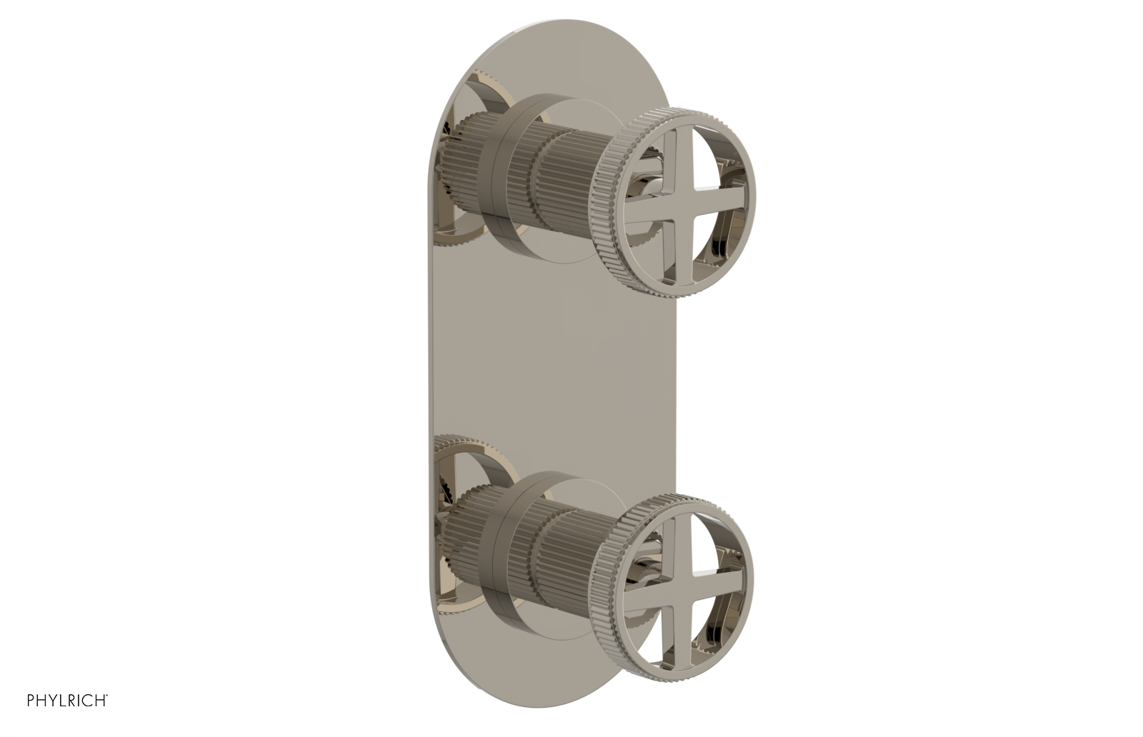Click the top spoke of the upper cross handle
(672, 156)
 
